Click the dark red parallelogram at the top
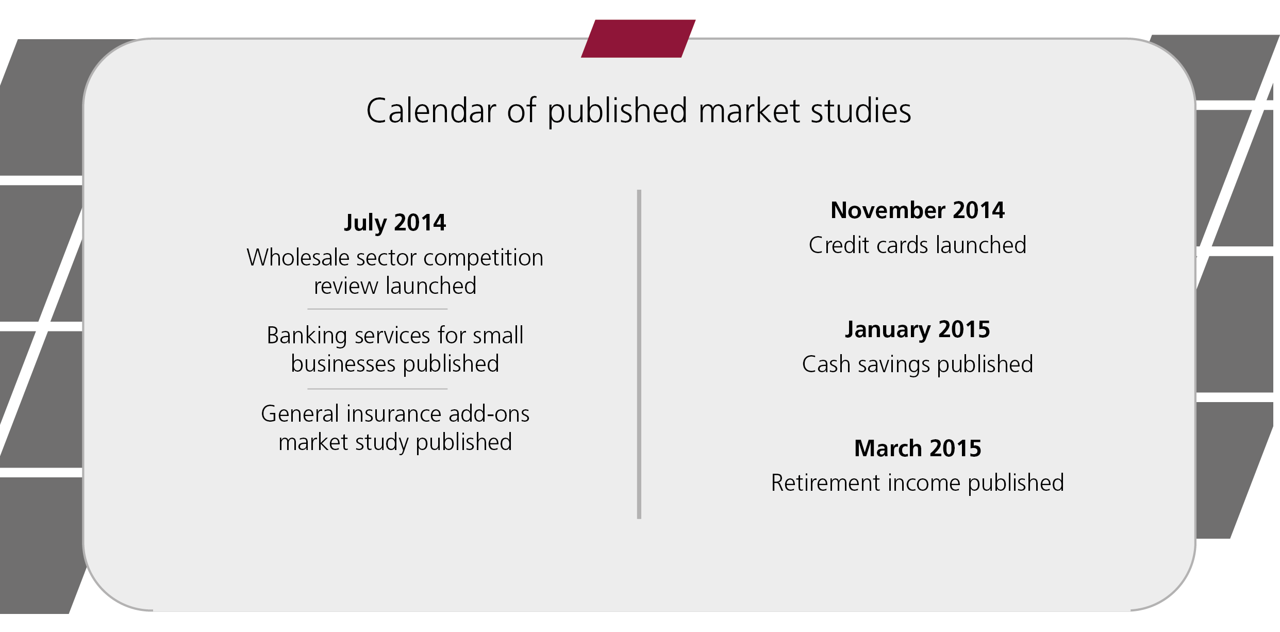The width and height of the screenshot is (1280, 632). (638, 39)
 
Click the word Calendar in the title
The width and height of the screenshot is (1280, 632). (431, 111)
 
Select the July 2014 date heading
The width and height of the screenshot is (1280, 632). (395, 223)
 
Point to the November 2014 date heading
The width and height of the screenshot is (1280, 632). (918, 210)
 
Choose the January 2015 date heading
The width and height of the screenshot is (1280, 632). (918, 330)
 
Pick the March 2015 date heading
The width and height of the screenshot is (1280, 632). (918, 448)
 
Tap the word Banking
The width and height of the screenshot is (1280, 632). (307, 336)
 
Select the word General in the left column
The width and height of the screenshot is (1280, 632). (300, 414)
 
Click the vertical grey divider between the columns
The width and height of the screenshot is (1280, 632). (639, 354)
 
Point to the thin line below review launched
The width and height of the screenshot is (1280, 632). (377, 309)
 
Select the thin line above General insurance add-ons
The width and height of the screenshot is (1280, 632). (377, 389)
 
